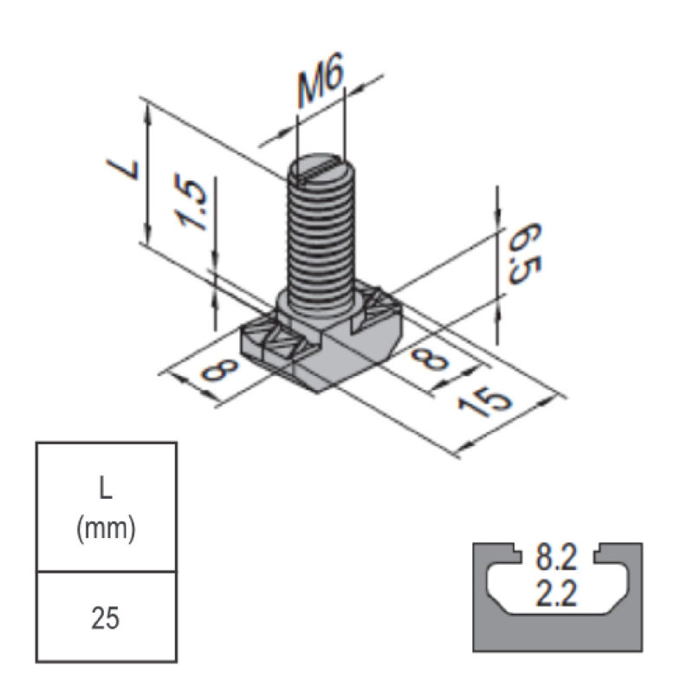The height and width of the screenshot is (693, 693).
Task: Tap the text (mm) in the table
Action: coord(106,528)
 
